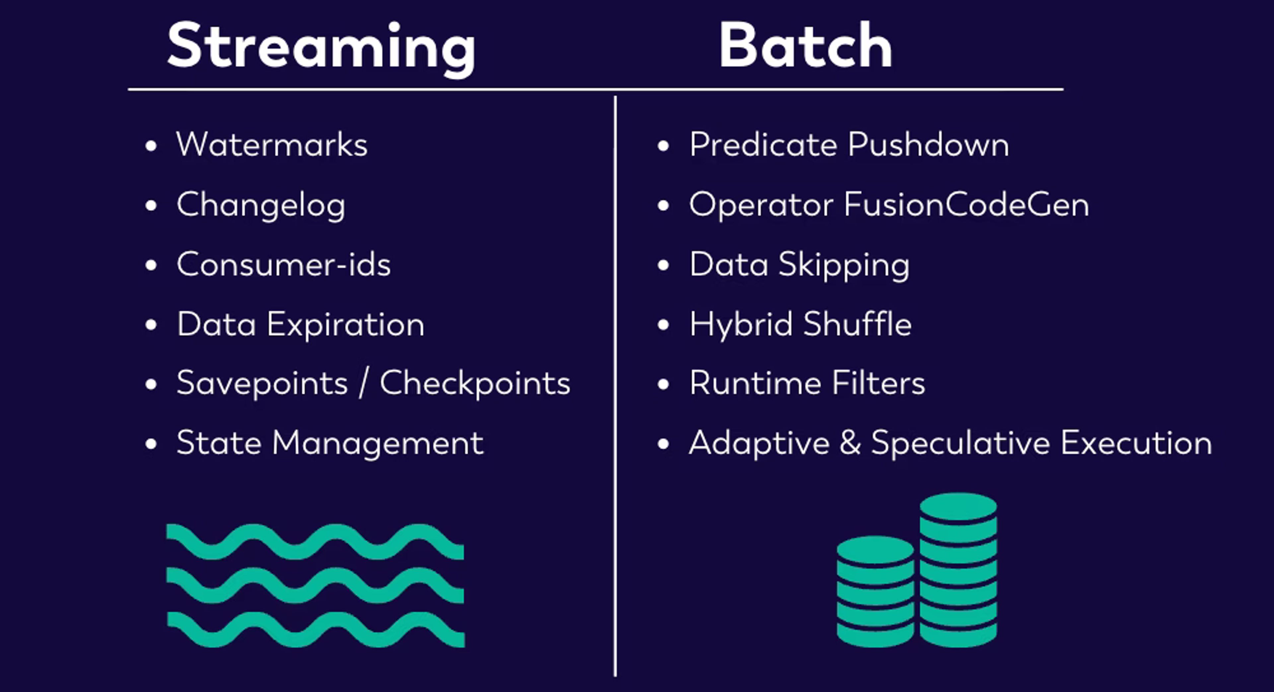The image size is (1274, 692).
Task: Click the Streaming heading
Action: click(x=321, y=48)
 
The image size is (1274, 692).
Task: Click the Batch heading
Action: click(x=806, y=45)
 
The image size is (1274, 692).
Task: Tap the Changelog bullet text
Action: click(x=261, y=205)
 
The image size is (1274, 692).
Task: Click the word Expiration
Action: click(x=346, y=325)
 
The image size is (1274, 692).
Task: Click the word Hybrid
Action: click(x=742, y=325)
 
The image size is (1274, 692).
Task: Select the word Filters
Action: click(x=878, y=383)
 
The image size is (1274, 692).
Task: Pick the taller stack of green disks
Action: click(x=958, y=570)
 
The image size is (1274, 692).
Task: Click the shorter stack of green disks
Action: click(x=876, y=591)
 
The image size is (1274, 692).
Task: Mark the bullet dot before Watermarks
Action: click(x=151, y=146)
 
